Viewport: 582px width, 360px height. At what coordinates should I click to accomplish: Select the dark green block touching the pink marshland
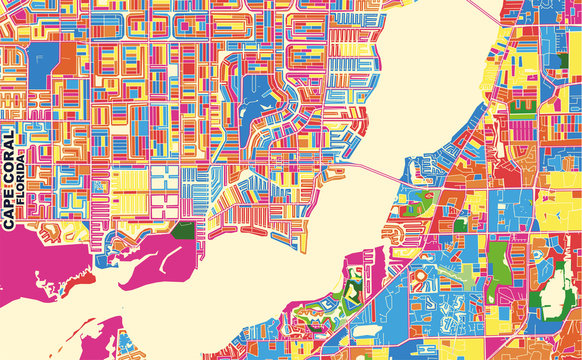pyautogui.click(x=182, y=231)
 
